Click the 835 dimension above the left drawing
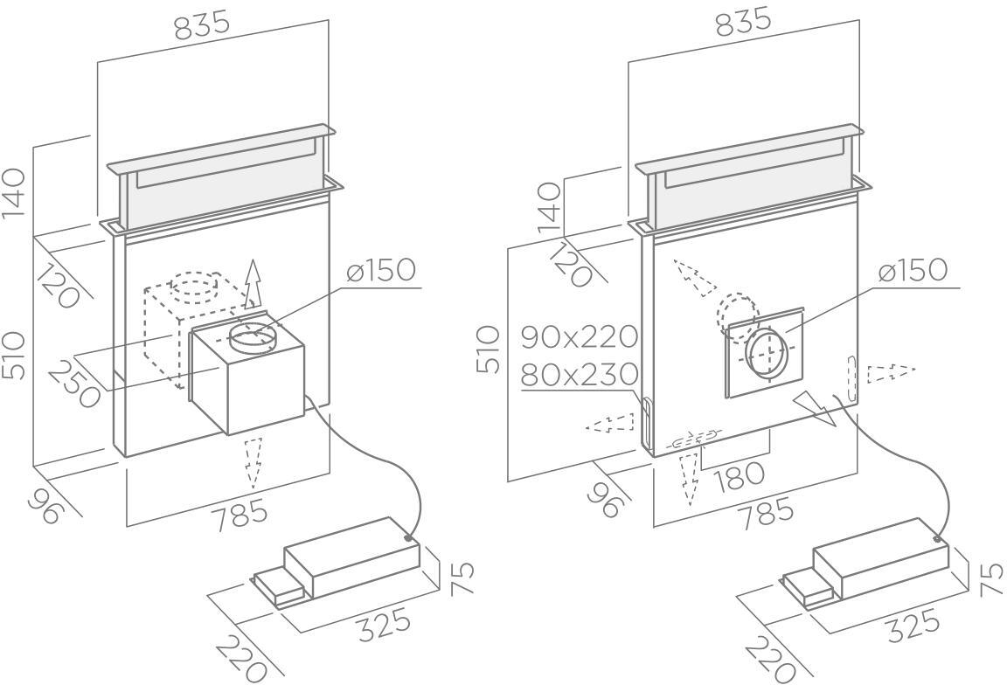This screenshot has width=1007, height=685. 202,25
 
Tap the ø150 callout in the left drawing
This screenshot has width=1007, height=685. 381,270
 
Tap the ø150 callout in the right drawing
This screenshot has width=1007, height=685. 913,270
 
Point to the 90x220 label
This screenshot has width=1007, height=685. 580,336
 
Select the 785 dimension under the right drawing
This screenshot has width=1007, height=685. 766,513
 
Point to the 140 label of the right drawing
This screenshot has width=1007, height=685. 548,207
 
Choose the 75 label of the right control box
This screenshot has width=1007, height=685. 991,579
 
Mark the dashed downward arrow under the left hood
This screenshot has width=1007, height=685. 253,462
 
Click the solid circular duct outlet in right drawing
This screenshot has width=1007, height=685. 766,352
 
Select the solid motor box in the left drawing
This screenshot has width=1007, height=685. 247,377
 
